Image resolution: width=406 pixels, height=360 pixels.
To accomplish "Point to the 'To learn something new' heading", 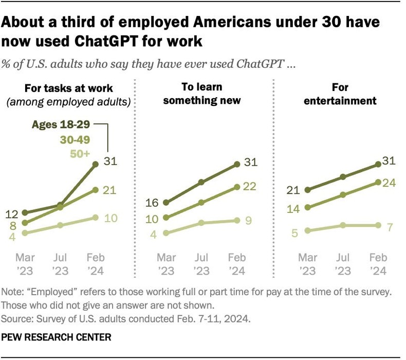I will tap(202, 94).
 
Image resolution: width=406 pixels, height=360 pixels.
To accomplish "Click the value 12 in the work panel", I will tap(13, 213).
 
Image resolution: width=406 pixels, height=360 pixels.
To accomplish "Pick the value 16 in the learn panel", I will tap(152, 203).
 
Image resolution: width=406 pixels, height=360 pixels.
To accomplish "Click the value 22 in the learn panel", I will tap(250, 187).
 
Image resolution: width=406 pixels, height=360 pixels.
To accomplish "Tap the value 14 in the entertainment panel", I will tap(292, 209).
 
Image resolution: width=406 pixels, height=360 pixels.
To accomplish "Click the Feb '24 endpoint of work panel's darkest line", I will tap(96, 164).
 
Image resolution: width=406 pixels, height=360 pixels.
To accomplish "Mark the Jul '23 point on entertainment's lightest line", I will tap(343, 226).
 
